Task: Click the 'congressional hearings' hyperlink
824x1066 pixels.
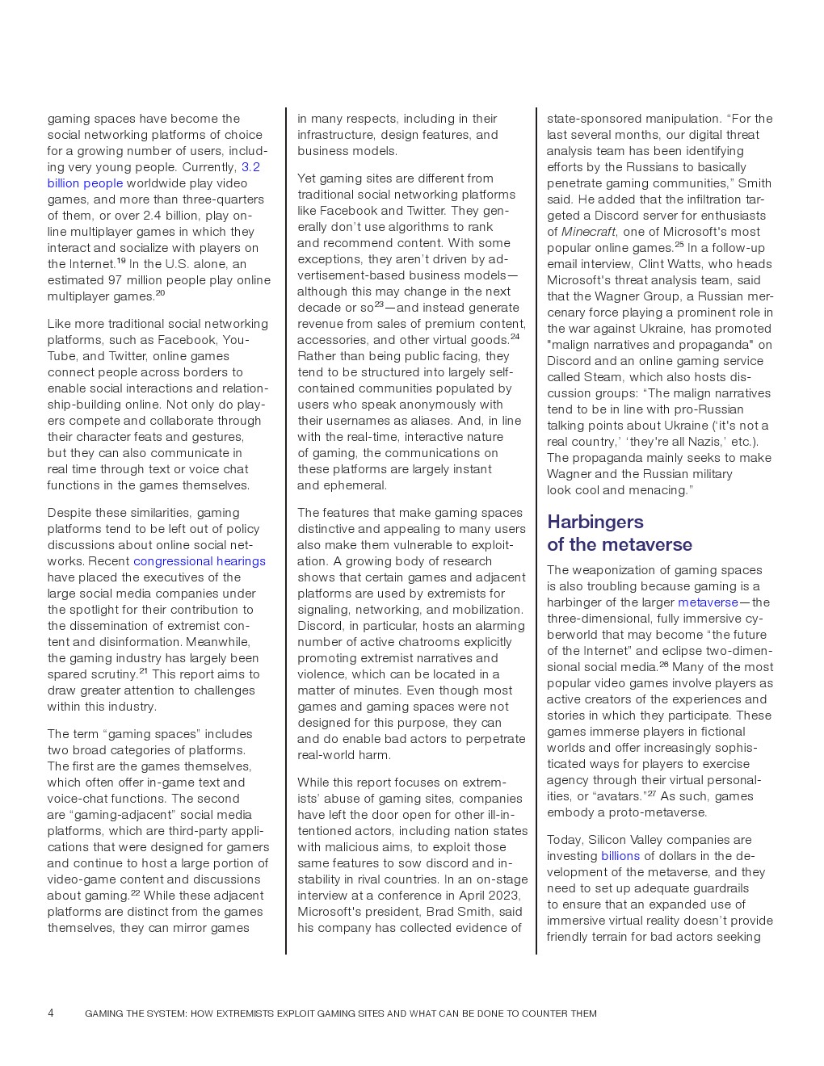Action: (199, 561)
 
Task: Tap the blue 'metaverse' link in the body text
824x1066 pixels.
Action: (708, 602)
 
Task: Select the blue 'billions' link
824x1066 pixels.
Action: (620, 856)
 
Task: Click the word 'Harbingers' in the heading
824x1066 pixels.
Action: (595, 522)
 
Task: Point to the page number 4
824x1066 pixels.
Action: (51, 1014)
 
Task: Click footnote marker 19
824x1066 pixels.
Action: (121, 261)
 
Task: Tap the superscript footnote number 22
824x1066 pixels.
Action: (135, 892)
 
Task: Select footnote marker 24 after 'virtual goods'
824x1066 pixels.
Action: (515, 337)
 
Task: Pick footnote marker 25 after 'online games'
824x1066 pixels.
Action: (679, 245)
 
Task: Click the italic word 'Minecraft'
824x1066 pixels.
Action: (588, 232)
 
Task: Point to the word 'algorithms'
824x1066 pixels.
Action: (422, 227)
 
